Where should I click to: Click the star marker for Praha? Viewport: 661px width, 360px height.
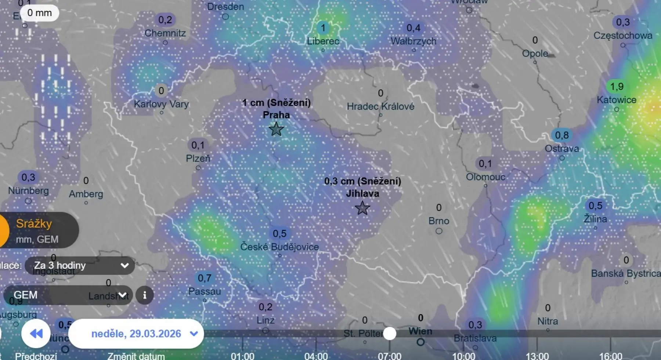[276, 129]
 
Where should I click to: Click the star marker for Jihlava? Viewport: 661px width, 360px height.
[362, 208]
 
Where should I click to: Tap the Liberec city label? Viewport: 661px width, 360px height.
[323, 41]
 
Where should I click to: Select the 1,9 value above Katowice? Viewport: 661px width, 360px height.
[617, 87]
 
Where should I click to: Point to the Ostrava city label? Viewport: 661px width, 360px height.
[561, 149]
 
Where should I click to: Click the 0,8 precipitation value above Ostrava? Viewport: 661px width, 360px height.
[561, 135]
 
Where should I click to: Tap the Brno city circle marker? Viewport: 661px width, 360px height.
[439, 231]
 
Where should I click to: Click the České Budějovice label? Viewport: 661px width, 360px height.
[279, 247]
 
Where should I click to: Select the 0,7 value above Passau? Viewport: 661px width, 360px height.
[205, 278]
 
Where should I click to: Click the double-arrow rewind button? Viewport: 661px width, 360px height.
[36, 334]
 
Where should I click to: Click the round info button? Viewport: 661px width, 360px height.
[145, 295]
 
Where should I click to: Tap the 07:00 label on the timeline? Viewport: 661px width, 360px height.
[390, 356]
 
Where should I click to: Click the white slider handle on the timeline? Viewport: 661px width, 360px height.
[390, 334]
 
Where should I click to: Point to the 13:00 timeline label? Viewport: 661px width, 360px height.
[537, 356]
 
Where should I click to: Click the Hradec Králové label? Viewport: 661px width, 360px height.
[380, 106]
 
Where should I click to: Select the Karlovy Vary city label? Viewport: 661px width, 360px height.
[161, 104]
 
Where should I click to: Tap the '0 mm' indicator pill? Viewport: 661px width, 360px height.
[40, 13]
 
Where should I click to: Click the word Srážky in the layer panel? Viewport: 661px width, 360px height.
[34, 223]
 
